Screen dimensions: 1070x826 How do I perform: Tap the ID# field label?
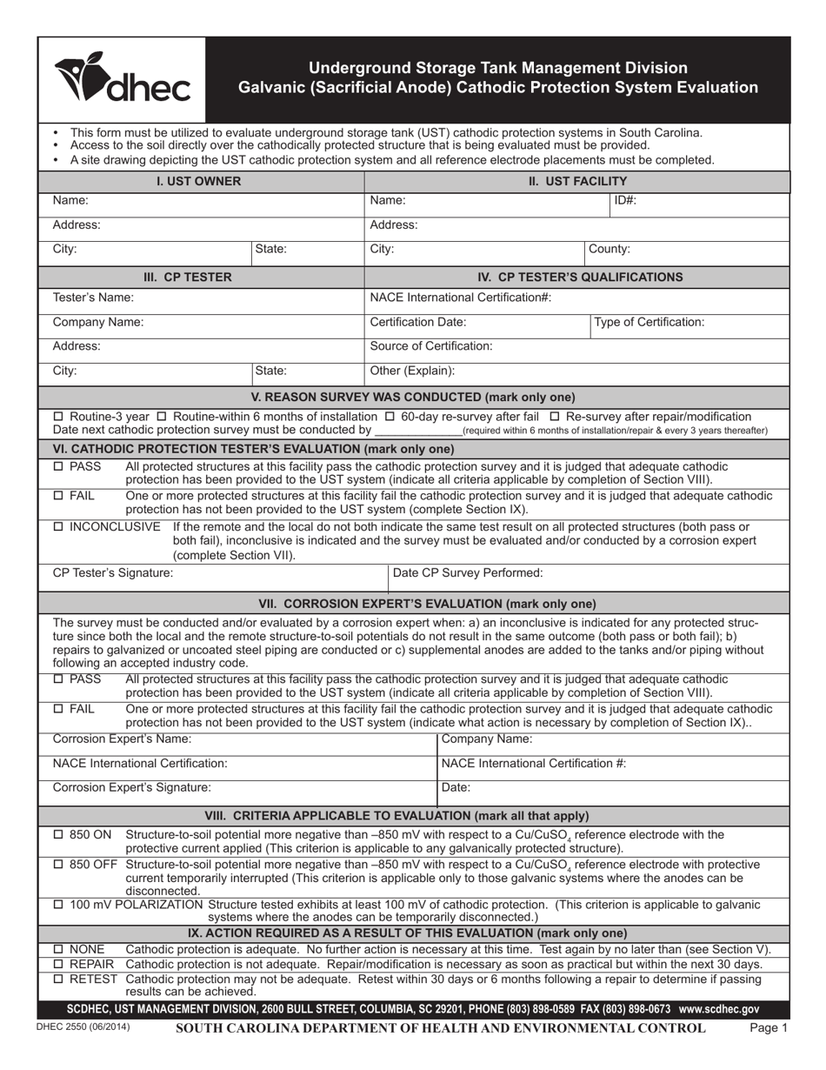[x=625, y=200]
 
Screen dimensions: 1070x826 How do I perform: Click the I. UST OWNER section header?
[x=198, y=181]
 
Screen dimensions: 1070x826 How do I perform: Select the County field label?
[x=610, y=249]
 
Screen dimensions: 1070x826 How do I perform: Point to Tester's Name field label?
[x=93, y=298]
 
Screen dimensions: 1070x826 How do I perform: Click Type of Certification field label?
[x=649, y=322]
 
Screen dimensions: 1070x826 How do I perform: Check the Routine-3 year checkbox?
[x=58, y=417]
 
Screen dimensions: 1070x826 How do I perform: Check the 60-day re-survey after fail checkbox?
[x=390, y=417]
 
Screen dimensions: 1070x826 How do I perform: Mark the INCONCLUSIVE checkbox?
[x=58, y=527]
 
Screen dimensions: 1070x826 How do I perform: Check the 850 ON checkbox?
[x=58, y=835]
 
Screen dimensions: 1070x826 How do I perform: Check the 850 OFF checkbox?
[x=58, y=865]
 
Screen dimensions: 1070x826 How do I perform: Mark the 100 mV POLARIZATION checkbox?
[x=58, y=905]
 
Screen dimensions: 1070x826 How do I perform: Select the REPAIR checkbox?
[x=58, y=965]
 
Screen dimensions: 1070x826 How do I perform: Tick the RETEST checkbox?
[x=58, y=980]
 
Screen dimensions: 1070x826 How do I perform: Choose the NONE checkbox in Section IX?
[x=58, y=949]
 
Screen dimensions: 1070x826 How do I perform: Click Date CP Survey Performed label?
[x=468, y=572]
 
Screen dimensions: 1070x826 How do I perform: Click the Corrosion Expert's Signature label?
[x=132, y=787]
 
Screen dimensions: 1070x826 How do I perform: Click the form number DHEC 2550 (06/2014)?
[x=83, y=1027]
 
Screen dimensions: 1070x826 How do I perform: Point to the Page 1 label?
[x=768, y=1027]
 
